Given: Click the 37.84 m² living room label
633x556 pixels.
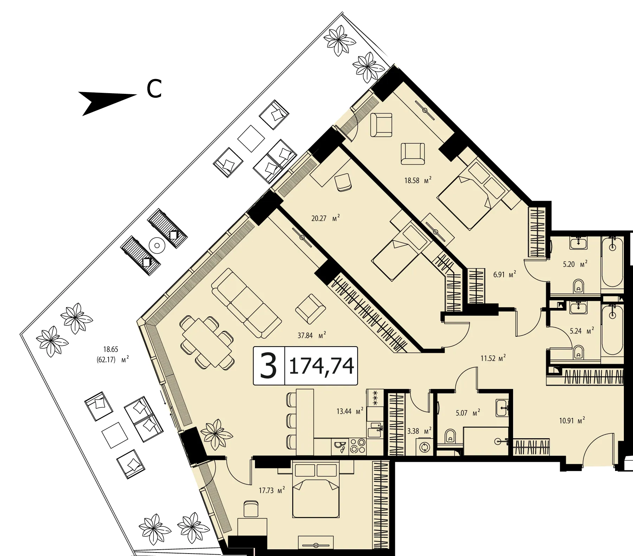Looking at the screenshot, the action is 312,335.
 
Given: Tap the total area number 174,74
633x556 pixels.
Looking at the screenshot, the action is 321,366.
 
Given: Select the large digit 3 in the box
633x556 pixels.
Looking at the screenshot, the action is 269,366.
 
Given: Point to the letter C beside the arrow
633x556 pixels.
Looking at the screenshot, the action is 154,89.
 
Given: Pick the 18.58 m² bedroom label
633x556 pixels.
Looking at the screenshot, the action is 418,181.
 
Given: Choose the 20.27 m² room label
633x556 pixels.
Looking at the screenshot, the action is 326,218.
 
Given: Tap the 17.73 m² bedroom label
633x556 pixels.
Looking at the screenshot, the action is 271,490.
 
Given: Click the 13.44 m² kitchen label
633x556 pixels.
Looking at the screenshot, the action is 350,411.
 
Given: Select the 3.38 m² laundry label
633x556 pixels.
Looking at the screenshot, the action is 419,431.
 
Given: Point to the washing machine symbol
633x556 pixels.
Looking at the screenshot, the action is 424,447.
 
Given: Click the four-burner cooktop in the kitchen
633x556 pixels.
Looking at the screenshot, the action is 357,447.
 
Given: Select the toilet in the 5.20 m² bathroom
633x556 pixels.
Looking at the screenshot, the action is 578,286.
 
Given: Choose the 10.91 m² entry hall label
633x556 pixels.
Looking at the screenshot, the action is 572,420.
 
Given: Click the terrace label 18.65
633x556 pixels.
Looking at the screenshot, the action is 110,349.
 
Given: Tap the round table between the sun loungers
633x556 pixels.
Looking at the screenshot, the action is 157,245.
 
